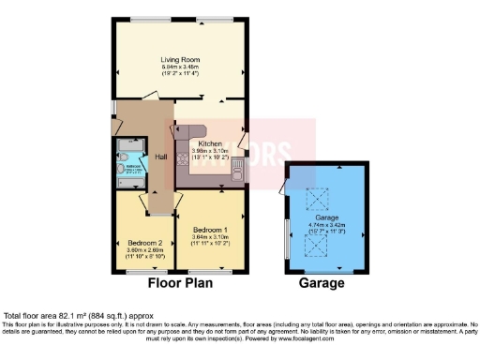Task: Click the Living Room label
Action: click(x=180, y=60)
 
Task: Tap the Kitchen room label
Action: click(x=209, y=143)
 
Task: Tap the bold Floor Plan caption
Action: click(x=180, y=282)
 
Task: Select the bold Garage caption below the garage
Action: click(x=322, y=282)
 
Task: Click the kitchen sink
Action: click(x=240, y=172)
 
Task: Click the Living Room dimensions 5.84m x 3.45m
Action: click(x=180, y=67)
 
